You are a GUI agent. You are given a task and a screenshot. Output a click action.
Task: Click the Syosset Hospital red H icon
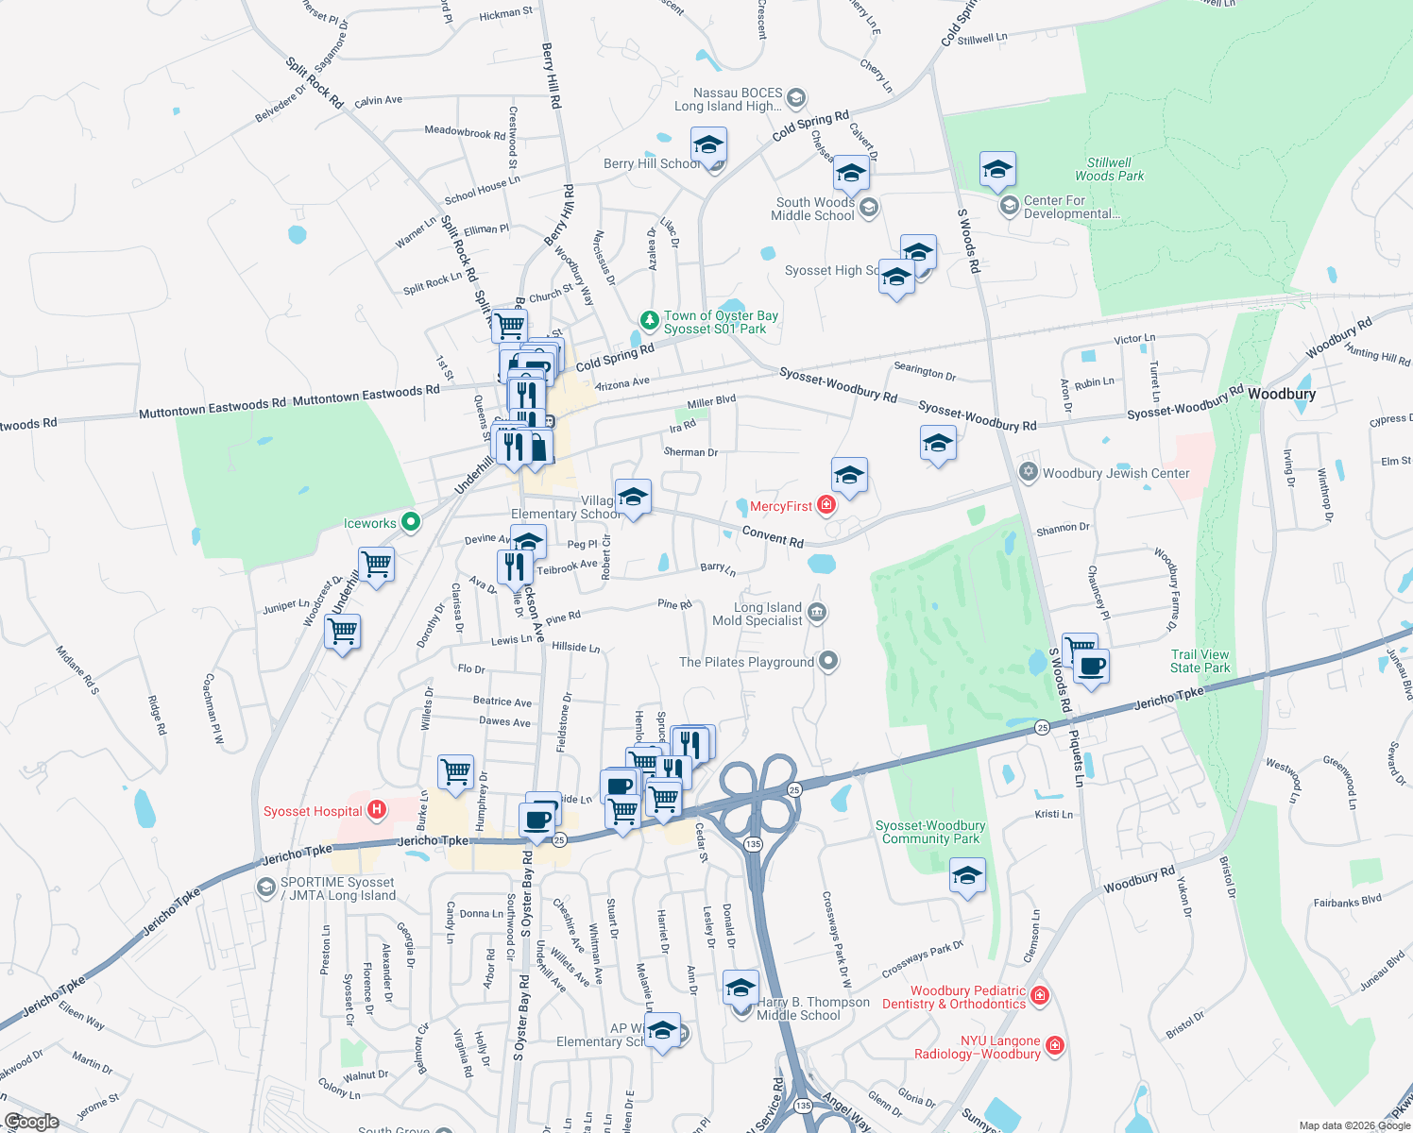click(x=377, y=810)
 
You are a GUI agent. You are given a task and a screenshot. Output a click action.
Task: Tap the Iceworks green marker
click(x=410, y=522)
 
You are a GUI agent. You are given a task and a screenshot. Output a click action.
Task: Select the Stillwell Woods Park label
click(x=1109, y=169)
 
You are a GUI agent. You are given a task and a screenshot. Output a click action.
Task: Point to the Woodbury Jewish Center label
click(x=1115, y=473)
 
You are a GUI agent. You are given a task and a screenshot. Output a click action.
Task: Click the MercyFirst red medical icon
click(x=826, y=506)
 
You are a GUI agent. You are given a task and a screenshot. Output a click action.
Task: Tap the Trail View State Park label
click(x=1200, y=661)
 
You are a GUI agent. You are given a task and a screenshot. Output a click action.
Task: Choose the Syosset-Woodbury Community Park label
click(x=930, y=832)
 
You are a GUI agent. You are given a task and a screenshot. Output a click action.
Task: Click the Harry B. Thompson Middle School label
click(x=812, y=1008)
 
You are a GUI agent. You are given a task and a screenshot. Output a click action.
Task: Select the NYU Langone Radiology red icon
click(x=1055, y=1045)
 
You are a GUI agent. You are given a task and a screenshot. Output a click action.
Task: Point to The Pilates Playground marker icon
click(x=828, y=661)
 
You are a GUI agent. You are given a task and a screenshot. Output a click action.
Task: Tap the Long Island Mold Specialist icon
click(x=817, y=614)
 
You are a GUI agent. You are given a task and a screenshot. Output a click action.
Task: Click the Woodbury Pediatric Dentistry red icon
click(x=1040, y=995)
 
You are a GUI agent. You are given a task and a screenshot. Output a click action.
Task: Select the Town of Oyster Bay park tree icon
click(x=649, y=321)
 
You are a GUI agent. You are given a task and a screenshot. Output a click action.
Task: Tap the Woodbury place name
click(x=1281, y=394)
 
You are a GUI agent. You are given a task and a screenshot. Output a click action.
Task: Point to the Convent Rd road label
click(x=773, y=536)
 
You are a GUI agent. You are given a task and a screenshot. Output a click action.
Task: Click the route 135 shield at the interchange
click(x=753, y=843)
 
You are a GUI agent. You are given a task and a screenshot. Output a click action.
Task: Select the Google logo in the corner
click(x=31, y=1122)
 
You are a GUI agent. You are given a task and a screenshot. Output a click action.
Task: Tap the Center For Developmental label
click(x=1071, y=207)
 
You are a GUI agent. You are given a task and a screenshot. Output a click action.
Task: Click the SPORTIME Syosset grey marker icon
click(x=266, y=888)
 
